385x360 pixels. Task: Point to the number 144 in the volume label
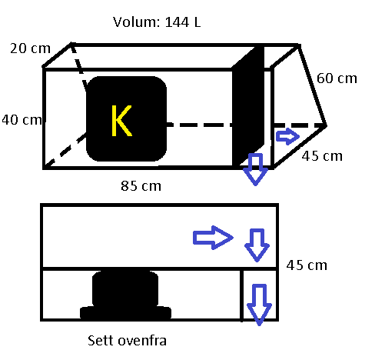(x=177, y=22)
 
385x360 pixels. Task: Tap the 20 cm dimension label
(x=30, y=48)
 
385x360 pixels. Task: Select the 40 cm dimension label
(x=22, y=120)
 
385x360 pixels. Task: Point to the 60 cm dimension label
(x=337, y=78)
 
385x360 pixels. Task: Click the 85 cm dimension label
(x=141, y=186)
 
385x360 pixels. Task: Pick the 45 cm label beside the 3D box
(x=322, y=156)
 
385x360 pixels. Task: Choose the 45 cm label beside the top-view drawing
(x=307, y=265)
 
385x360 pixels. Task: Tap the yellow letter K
(x=121, y=121)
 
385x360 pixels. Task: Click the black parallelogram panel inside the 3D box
(x=248, y=106)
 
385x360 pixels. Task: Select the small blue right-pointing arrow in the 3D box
(x=287, y=136)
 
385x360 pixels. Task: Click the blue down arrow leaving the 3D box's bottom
(x=255, y=169)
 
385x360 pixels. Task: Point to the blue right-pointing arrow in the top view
(x=213, y=238)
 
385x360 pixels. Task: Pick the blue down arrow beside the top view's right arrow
(x=257, y=245)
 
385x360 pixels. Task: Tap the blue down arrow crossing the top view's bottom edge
(x=259, y=305)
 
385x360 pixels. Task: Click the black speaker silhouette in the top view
(x=125, y=295)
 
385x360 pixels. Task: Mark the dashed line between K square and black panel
(x=199, y=125)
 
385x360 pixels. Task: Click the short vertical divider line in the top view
(x=241, y=295)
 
